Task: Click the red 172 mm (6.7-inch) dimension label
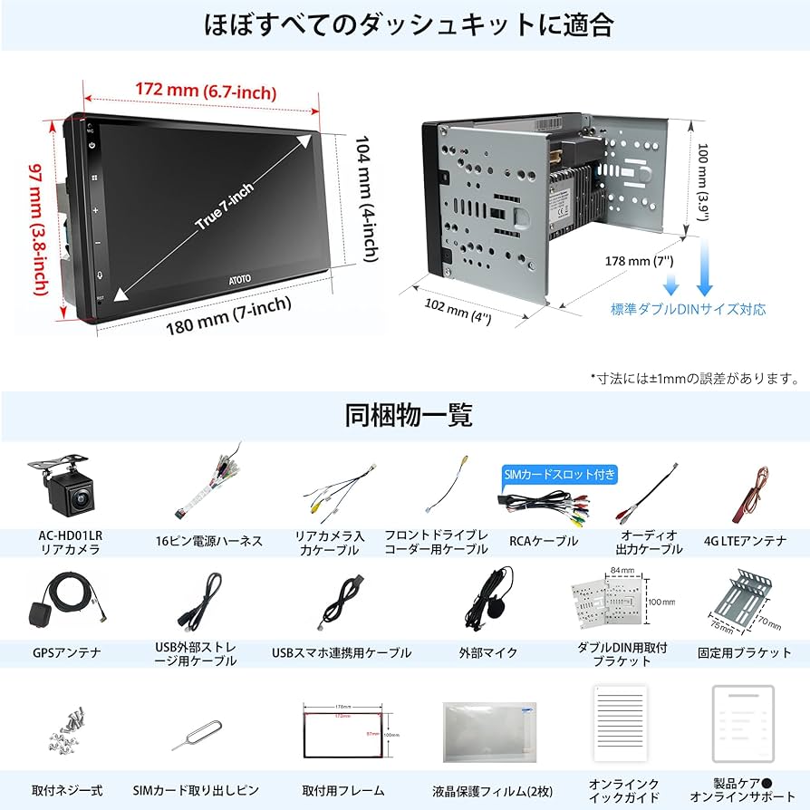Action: point(206,92)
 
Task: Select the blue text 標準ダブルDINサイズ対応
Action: point(688,310)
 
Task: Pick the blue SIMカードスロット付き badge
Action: point(560,474)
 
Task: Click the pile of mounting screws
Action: point(65,735)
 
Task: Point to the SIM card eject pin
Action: point(198,738)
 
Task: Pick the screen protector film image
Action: point(489,731)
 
